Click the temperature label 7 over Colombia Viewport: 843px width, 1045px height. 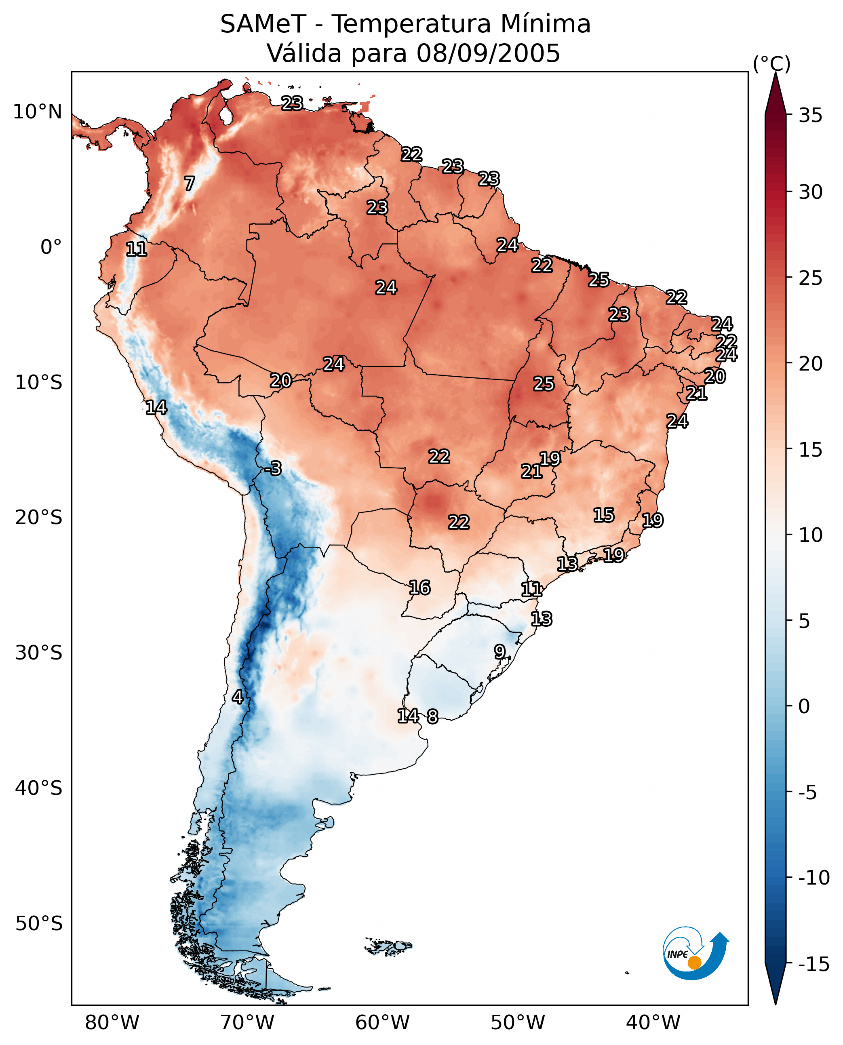(x=190, y=183)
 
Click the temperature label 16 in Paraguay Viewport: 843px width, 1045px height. (x=419, y=588)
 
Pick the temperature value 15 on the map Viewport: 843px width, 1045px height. (x=604, y=515)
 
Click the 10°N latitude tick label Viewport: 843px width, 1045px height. (x=38, y=112)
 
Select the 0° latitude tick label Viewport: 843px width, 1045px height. (x=51, y=247)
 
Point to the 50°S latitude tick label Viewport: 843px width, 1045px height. (x=39, y=923)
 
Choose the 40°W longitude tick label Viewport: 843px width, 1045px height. (x=653, y=1023)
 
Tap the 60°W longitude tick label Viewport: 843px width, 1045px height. (x=382, y=1023)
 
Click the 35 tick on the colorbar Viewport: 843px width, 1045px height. (x=810, y=116)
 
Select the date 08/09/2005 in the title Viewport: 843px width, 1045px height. (x=488, y=53)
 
